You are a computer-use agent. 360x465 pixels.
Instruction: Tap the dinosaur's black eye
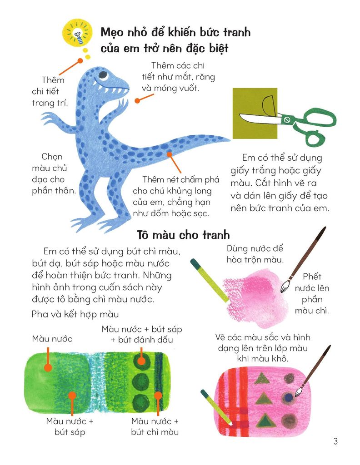pyautogui.click(x=103, y=74)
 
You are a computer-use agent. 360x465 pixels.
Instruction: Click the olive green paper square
pyautogui.click(x=255, y=113)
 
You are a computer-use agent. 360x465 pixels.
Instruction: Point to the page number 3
pyautogui.click(x=335, y=441)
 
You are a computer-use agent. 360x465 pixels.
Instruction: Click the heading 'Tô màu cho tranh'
pyautogui.click(x=184, y=235)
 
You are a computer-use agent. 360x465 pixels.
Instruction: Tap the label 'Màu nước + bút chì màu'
pyautogui.click(x=155, y=426)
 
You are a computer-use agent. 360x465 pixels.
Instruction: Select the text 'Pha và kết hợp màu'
pyautogui.click(x=75, y=314)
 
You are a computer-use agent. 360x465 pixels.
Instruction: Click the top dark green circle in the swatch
pyautogui.click(x=141, y=360)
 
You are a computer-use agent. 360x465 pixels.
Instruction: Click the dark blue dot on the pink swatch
pyautogui.click(x=288, y=398)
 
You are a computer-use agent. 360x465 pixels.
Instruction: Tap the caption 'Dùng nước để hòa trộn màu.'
pyautogui.click(x=255, y=254)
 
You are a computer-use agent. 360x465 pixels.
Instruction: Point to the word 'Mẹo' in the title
pyautogui.click(x=112, y=32)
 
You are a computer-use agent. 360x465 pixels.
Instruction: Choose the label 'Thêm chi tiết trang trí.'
pyautogui.click(x=50, y=91)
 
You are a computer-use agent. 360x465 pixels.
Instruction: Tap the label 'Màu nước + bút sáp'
pyautogui.click(x=70, y=426)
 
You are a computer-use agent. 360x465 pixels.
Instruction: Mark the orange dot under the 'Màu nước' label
pyautogui.click(x=48, y=368)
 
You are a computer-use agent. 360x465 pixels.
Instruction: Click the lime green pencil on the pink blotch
pyautogui.click(x=210, y=281)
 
